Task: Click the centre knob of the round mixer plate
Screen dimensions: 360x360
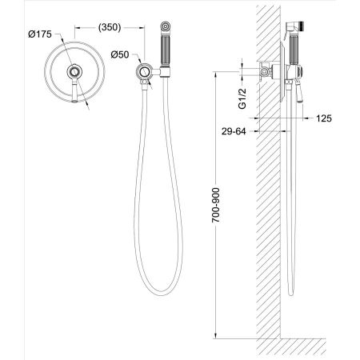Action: coord(74,72)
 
